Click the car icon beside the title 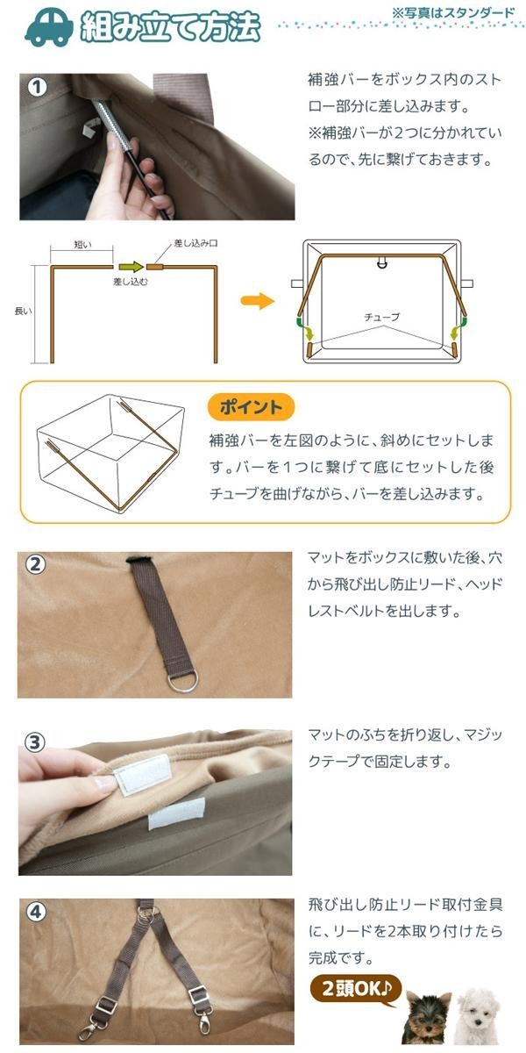tap(49, 28)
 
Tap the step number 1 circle tap(37, 88)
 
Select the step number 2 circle tap(35, 564)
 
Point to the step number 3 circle tap(35, 742)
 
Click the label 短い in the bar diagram tap(82, 245)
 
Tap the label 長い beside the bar tap(23, 311)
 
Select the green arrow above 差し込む tap(131, 267)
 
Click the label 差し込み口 tap(195, 243)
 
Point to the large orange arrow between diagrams tap(258, 301)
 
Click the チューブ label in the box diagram tap(382, 318)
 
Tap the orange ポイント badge tap(252, 407)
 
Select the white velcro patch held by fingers tap(142, 774)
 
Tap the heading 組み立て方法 tap(170, 27)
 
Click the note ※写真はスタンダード tap(452, 12)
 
